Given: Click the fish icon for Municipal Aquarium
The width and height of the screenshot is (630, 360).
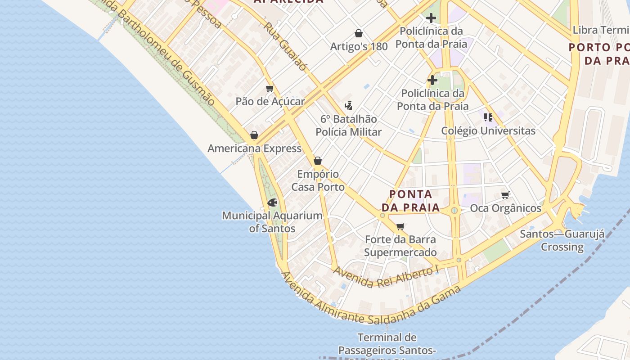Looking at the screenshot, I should (272, 202).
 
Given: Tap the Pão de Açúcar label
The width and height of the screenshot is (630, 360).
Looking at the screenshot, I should (270, 102).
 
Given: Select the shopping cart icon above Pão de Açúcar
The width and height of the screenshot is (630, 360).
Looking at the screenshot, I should (270, 88).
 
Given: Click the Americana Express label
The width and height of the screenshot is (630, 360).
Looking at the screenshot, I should (254, 148).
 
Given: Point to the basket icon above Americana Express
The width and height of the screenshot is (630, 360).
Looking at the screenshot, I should (254, 135).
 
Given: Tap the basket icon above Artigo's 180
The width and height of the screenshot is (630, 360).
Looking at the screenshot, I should (359, 33).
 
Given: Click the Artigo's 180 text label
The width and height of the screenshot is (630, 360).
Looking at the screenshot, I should (359, 46).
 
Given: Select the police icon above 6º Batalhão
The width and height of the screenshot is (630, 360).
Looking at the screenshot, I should (348, 106).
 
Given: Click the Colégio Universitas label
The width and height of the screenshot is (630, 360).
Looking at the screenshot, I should (488, 131).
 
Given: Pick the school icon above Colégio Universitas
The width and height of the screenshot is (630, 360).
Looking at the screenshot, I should (488, 117).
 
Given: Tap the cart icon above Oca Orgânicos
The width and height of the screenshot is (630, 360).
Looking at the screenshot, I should (505, 195).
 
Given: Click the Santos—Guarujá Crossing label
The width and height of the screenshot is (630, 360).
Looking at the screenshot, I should (562, 240).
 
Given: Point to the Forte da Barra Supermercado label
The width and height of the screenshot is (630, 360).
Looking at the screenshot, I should (400, 246).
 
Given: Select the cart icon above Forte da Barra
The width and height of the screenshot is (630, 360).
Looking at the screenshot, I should (400, 226).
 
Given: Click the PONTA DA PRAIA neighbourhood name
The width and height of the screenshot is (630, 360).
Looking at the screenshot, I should (410, 201).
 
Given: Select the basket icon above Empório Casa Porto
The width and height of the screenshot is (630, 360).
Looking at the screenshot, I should (318, 161).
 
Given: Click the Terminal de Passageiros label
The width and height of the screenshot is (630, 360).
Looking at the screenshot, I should (387, 344).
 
